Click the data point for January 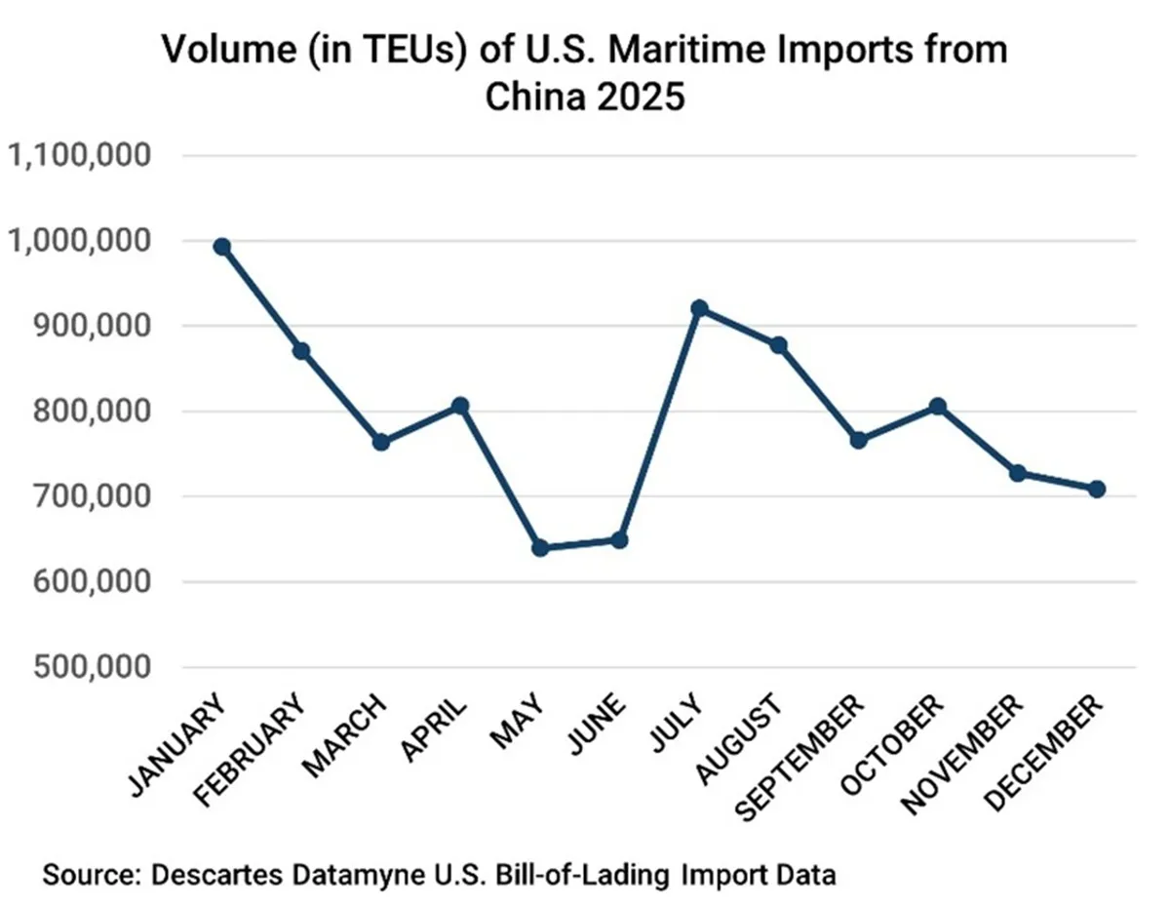222,247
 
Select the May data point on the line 540,548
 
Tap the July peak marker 699,308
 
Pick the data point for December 1097,489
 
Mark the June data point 619,539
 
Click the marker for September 858,440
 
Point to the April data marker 461,405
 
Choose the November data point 1017,473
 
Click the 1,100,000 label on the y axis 78,155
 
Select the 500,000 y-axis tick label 87,667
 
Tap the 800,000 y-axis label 87,412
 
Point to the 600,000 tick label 87,582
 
